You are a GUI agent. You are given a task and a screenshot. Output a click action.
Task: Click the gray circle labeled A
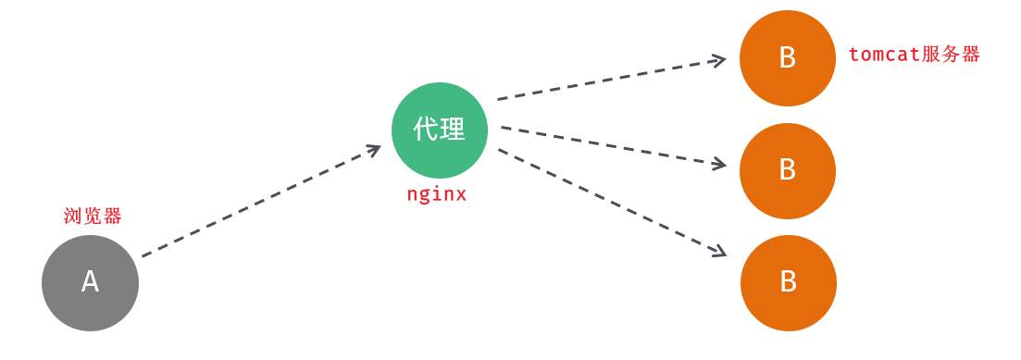[90, 283]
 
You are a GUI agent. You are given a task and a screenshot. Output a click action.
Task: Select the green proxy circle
[440, 130]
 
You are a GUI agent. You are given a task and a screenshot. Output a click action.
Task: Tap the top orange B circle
[788, 58]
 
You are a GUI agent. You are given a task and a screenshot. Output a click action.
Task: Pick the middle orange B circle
[788, 171]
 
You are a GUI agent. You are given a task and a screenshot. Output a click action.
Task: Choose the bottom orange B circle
[789, 283]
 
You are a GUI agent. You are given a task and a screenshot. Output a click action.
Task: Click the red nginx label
[437, 194]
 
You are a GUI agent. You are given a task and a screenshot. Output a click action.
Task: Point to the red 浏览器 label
[93, 217]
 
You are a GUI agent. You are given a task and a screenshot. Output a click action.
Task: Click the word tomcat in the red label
[884, 55]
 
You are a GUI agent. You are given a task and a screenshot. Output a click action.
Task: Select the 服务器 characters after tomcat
[951, 55]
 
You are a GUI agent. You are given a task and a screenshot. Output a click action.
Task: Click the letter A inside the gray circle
[90, 281]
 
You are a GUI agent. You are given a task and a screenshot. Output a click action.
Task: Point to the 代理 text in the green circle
[440, 130]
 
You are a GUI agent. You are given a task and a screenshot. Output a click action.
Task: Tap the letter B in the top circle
[788, 58]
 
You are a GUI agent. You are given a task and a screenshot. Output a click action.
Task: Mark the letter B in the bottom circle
[789, 282]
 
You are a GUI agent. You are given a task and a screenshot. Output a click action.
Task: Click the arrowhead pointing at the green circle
[373, 149]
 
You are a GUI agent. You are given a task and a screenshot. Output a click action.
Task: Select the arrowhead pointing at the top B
[718, 61]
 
